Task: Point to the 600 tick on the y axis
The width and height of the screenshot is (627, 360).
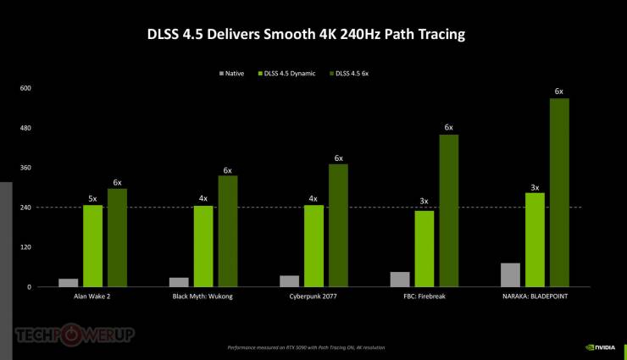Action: pos(25,88)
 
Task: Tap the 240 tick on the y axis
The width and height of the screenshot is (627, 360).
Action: pos(25,208)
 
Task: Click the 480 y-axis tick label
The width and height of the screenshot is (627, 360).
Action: pos(25,128)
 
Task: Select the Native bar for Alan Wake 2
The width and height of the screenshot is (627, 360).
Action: pos(69,282)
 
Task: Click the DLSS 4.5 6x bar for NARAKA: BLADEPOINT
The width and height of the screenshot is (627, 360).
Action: pos(558,192)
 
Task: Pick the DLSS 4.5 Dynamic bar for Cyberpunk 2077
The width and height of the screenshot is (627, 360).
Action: pos(313,246)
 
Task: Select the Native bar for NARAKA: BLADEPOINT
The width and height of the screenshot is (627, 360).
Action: pos(510,274)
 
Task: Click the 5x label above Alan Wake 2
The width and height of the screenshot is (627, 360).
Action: pos(92,198)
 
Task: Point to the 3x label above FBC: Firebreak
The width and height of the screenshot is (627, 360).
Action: pos(424,202)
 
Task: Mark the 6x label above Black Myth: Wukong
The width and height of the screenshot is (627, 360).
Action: pos(227,170)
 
